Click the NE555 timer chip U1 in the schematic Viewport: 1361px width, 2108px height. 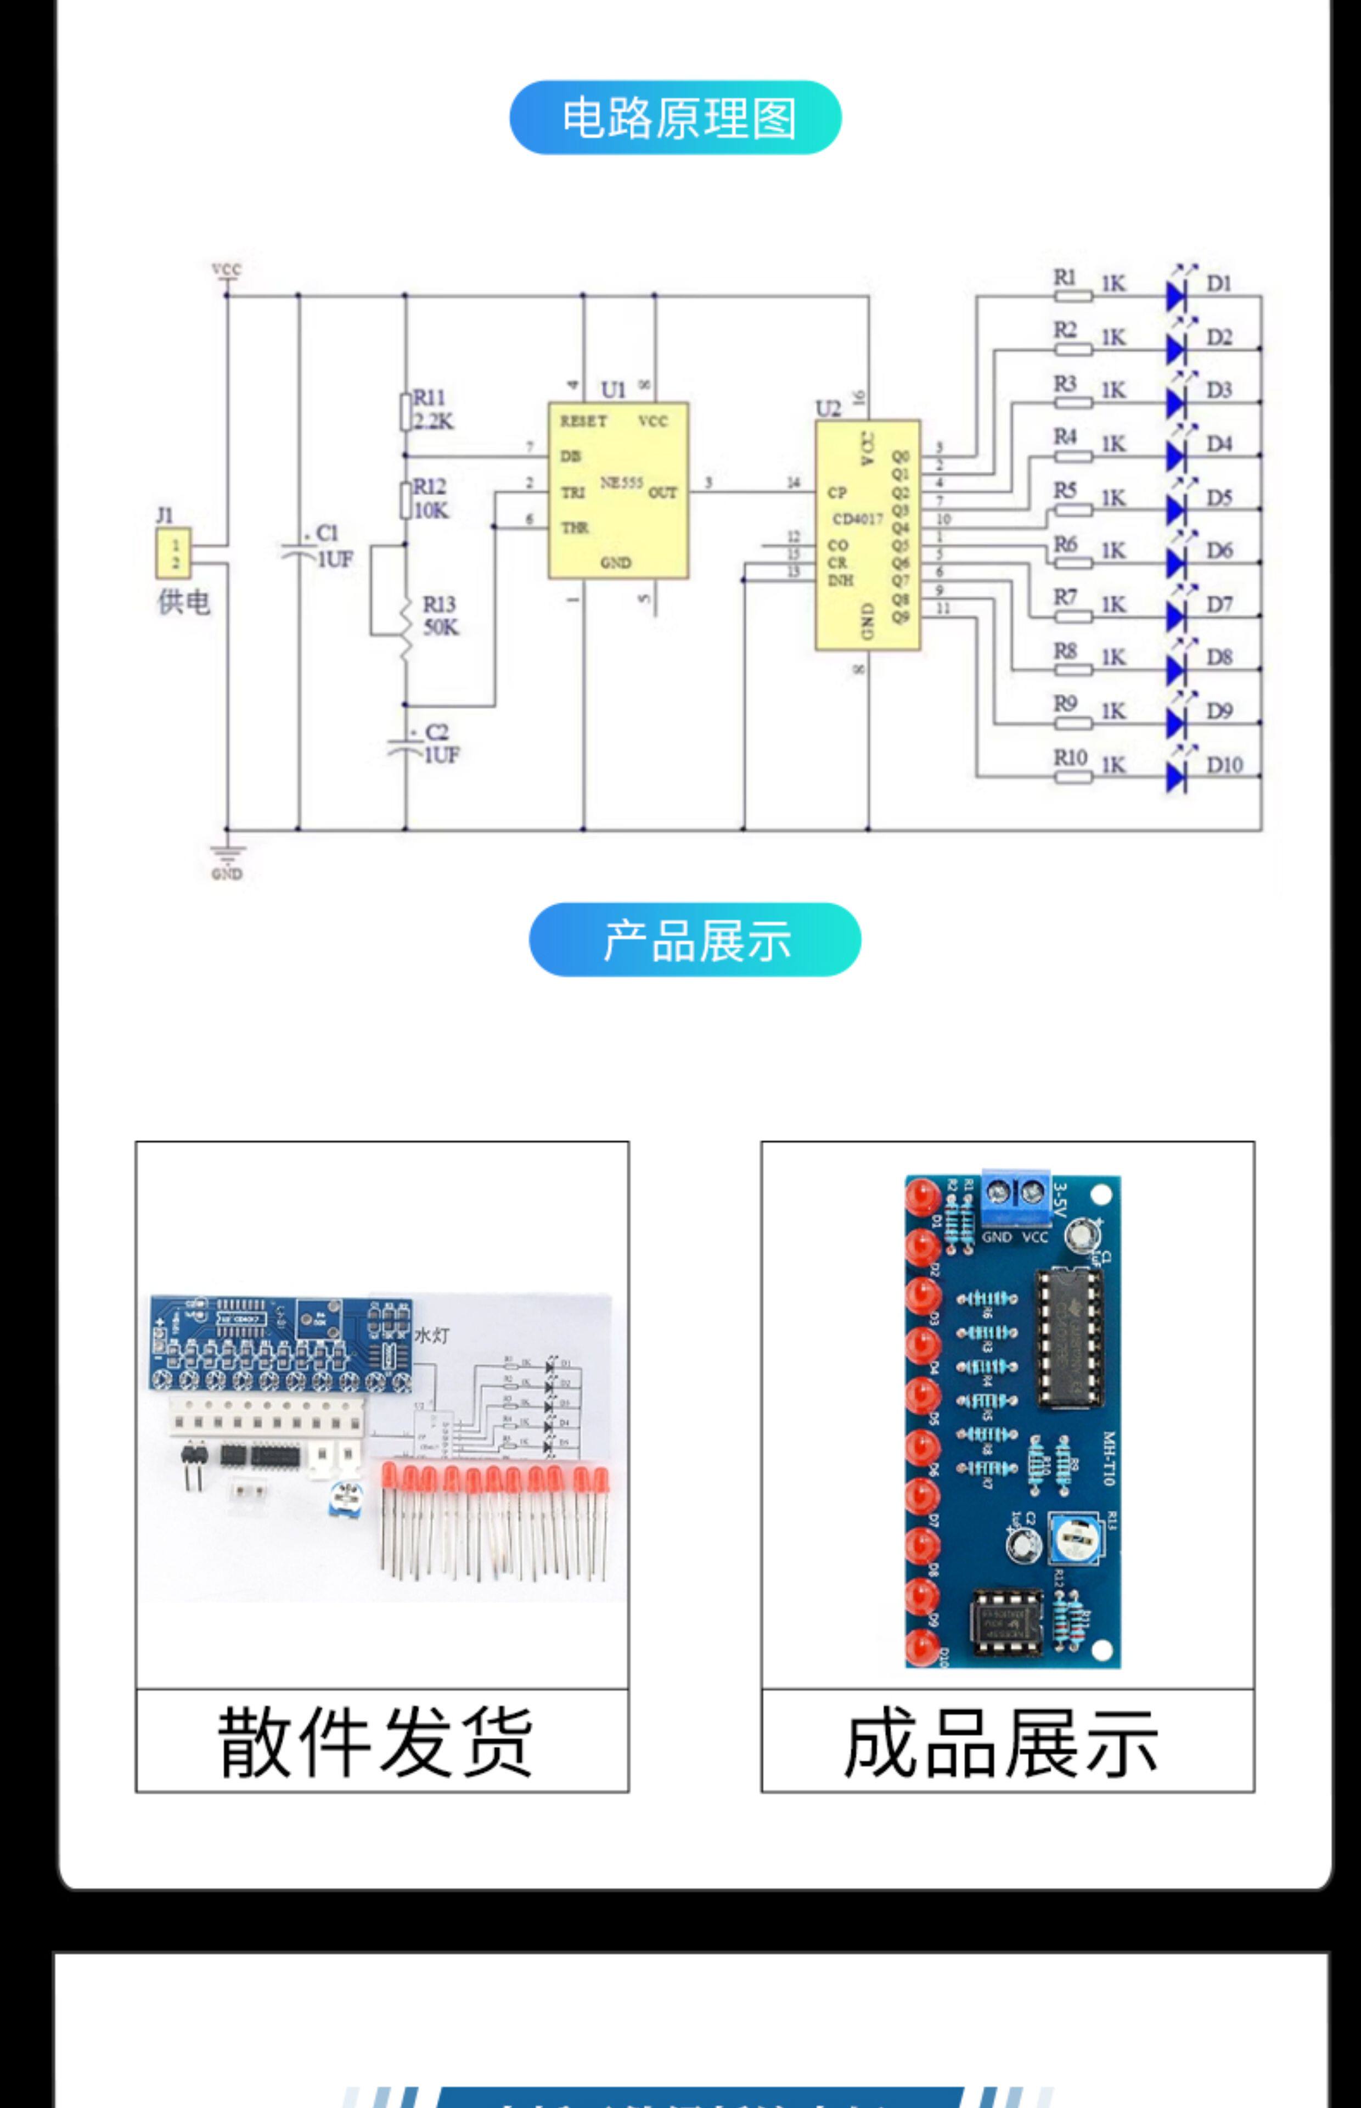pyautogui.click(x=618, y=491)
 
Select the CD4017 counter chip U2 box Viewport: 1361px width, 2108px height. pyautogui.click(x=867, y=535)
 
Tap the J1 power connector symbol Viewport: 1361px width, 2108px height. pyautogui.click(x=174, y=553)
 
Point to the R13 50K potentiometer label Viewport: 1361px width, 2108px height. pyautogui.click(x=439, y=615)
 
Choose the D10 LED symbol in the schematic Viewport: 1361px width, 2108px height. pyautogui.click(x=1176, y=776)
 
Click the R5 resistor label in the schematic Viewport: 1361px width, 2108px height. pyautogui.click(x=1065, y=491)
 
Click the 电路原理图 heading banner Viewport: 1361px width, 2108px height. pyautogui.click(x=675, y=117)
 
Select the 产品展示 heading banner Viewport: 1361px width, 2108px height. pyautogui.click(x=695, y=939)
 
